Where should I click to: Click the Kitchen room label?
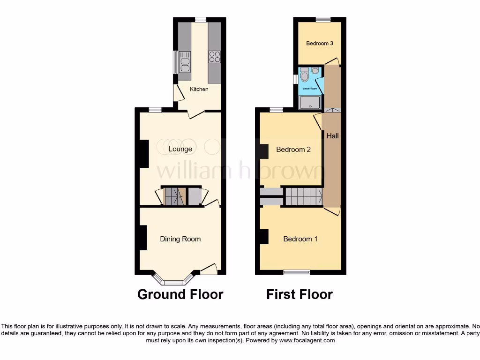tap(199, 89)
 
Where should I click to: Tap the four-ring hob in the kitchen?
tap(214, 57)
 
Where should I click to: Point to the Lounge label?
tap(180, 149)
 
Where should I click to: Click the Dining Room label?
tap(180, 239)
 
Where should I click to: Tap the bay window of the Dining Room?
tap(174, 282)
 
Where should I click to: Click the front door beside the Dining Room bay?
tap(209, 270)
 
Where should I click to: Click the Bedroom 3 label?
tap(320, 44)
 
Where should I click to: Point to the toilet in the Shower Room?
tap(305, 75)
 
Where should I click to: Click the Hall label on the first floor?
tap(332, 136)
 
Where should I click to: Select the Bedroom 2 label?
tap(293, 150)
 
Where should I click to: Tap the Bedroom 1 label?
tap(300, 239)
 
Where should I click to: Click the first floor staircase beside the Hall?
tap(304, 196)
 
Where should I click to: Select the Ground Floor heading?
tap(180, 294)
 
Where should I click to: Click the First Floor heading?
tap(300, 294)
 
